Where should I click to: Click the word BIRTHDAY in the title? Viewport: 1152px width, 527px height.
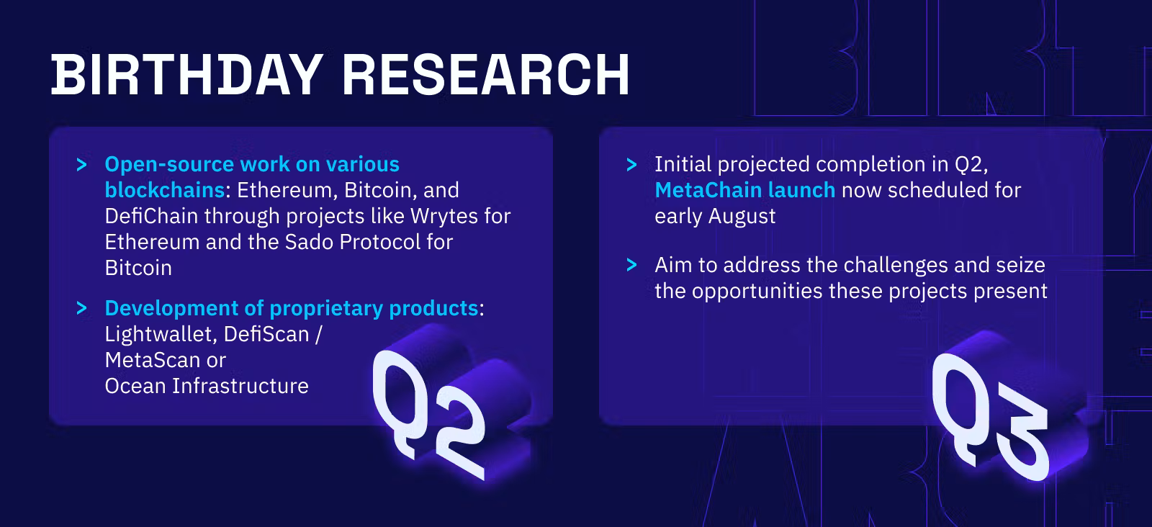click(187, 75)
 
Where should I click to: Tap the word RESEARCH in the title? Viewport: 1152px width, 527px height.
click(486, 75)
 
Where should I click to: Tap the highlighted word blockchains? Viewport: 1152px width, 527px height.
click(165, 190)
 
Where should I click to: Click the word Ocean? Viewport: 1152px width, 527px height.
click(135, 386)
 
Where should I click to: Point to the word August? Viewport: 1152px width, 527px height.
click(742, 217)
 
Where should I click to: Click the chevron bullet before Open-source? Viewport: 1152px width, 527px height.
click(81, 165)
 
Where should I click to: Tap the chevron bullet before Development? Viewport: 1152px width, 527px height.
click(81, 308)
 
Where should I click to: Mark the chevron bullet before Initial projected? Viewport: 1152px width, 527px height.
click(631, 165)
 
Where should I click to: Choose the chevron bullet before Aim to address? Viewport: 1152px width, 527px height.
click(631, 265)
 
